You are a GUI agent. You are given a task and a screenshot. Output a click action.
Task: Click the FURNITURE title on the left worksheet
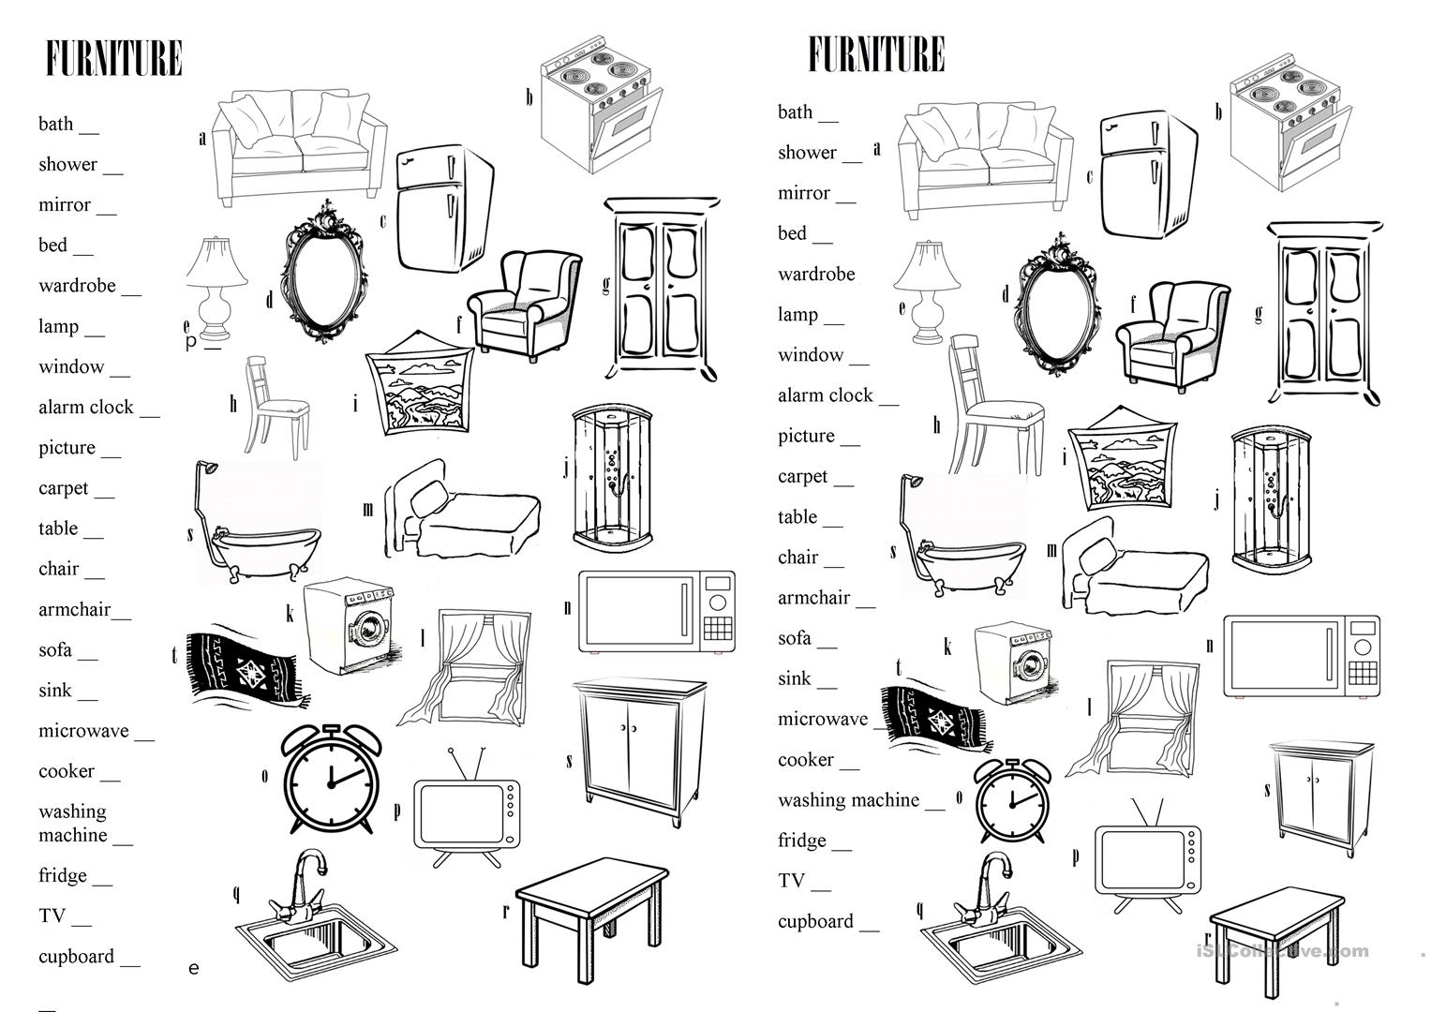113,58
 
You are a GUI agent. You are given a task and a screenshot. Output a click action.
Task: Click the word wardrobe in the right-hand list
816,275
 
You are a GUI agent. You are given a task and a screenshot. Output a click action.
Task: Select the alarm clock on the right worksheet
1012,802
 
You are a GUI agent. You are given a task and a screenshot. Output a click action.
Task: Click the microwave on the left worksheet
656,612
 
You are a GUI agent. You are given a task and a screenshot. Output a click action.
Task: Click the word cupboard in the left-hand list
76,957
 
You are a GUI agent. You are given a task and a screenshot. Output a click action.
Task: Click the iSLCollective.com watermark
1282,951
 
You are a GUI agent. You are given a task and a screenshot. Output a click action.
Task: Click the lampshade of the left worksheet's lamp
216,261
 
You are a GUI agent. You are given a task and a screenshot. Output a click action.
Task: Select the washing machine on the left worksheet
350,626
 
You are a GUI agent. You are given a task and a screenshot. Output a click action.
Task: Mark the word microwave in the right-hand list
823,720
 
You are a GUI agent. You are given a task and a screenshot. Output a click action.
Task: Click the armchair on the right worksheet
1171,335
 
